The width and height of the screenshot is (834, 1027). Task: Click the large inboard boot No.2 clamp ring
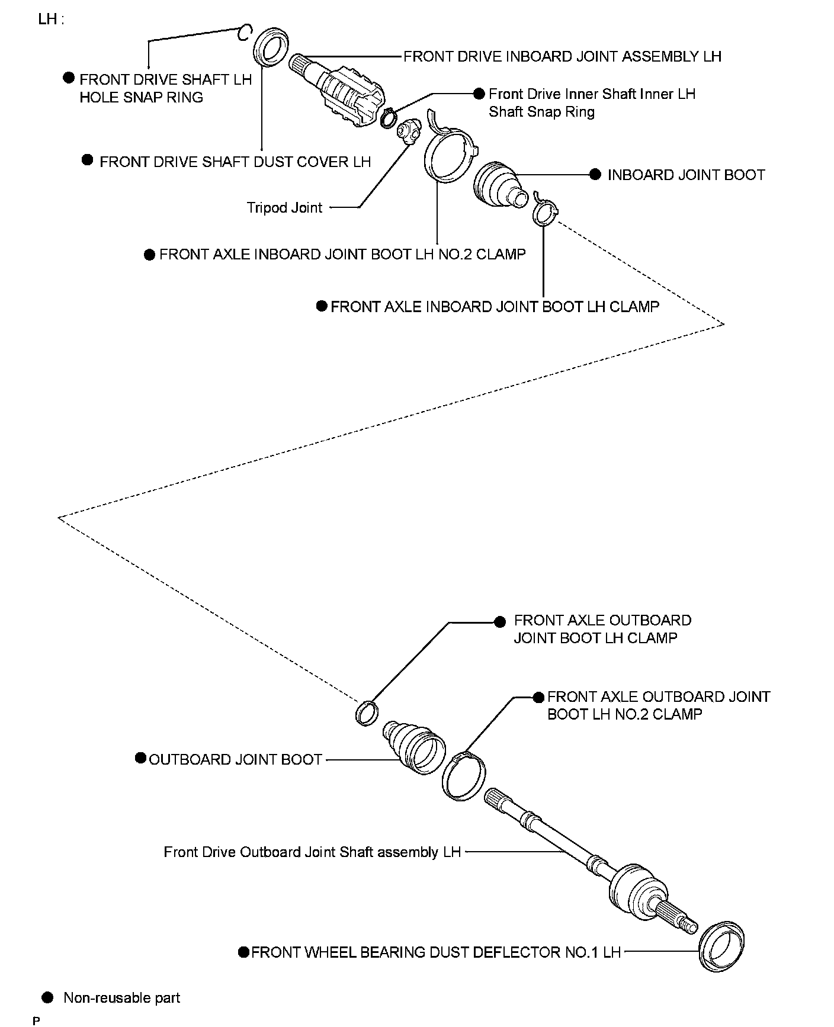(x=450, y=154)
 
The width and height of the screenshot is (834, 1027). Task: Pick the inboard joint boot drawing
(x=499, y=184)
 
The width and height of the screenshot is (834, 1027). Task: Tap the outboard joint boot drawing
(x=415, y=746)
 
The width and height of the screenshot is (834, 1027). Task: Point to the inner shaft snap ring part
(x=389, y=118)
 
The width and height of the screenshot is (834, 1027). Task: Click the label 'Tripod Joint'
(x=284, y=208)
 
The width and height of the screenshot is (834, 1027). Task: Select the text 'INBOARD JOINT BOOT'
(x=686, y=175)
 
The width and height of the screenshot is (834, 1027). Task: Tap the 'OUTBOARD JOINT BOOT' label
(x=235, y=760)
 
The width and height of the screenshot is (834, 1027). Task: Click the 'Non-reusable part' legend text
(x=121, y=998)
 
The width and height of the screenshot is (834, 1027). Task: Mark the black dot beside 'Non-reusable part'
(x=48, y=997)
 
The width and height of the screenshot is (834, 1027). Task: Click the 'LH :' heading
(x=51, y=19)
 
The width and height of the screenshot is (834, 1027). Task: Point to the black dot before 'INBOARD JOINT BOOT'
(x=595, y=175)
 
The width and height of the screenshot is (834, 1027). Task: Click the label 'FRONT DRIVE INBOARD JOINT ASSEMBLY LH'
(x=562, y=57)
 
